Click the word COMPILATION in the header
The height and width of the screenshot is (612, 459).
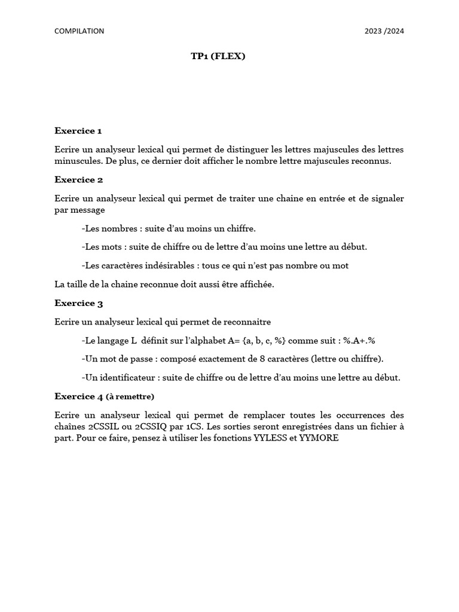pos(79,31)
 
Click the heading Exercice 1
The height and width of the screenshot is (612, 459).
pos(78,131)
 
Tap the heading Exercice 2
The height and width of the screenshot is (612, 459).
pos(78,180)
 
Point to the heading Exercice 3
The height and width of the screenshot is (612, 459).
pos(78,303)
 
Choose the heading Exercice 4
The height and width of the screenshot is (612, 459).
pos(78,396)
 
